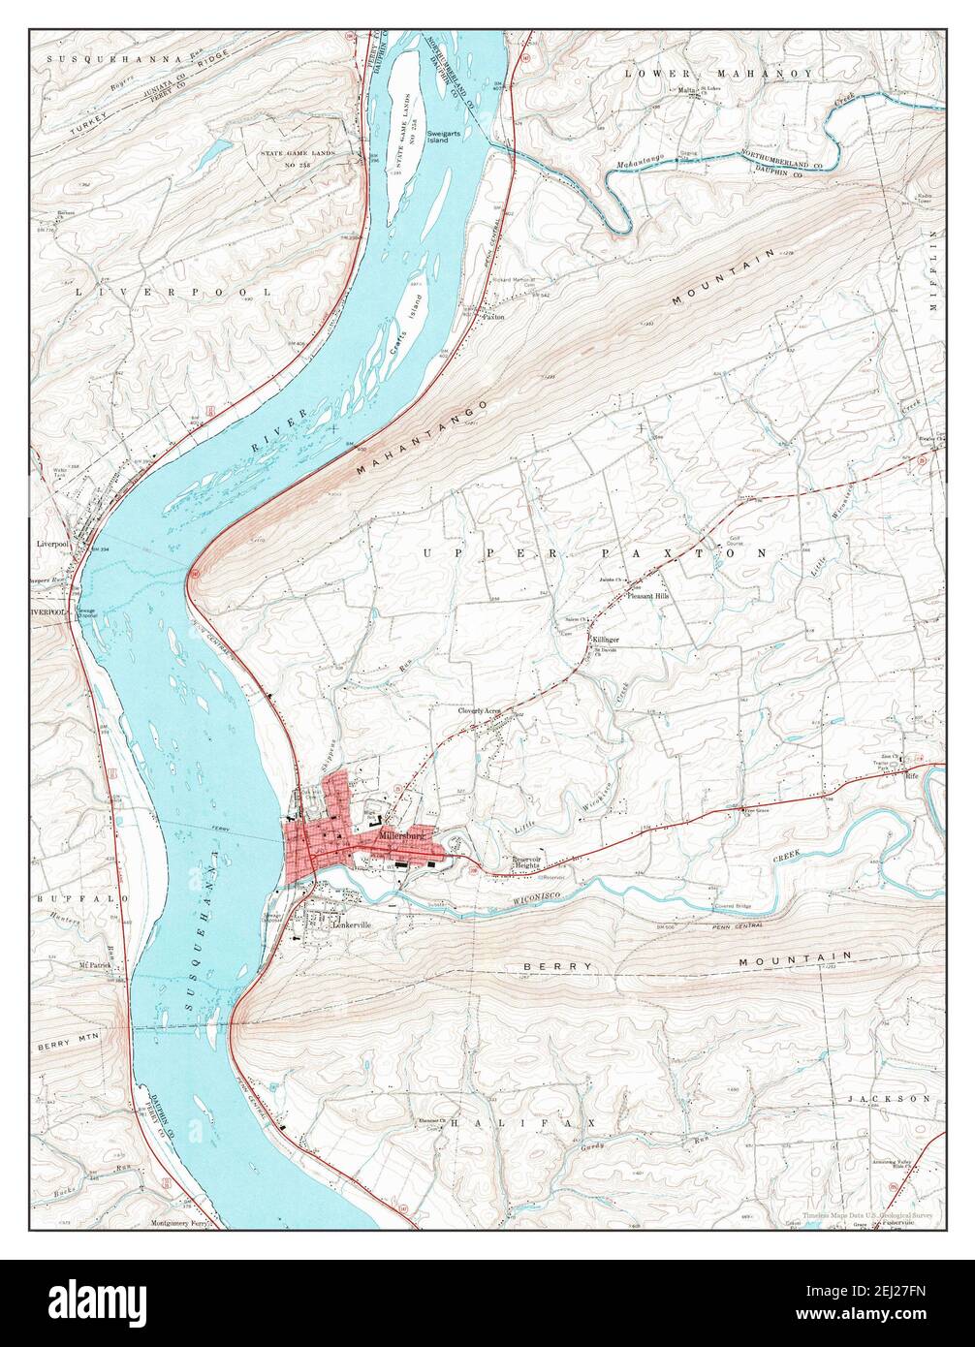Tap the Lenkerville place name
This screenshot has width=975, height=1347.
[352, 925]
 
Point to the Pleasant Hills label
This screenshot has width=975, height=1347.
[648, 597]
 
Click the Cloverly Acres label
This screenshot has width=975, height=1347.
[480, 710]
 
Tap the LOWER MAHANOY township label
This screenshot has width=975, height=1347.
[718, 73]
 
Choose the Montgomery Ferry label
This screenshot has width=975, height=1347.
[179, 1223]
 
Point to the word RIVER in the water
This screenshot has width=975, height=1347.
[279, 430]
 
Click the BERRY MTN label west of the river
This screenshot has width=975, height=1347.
[69, 1047]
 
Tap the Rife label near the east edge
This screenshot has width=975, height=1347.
[911, 775]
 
